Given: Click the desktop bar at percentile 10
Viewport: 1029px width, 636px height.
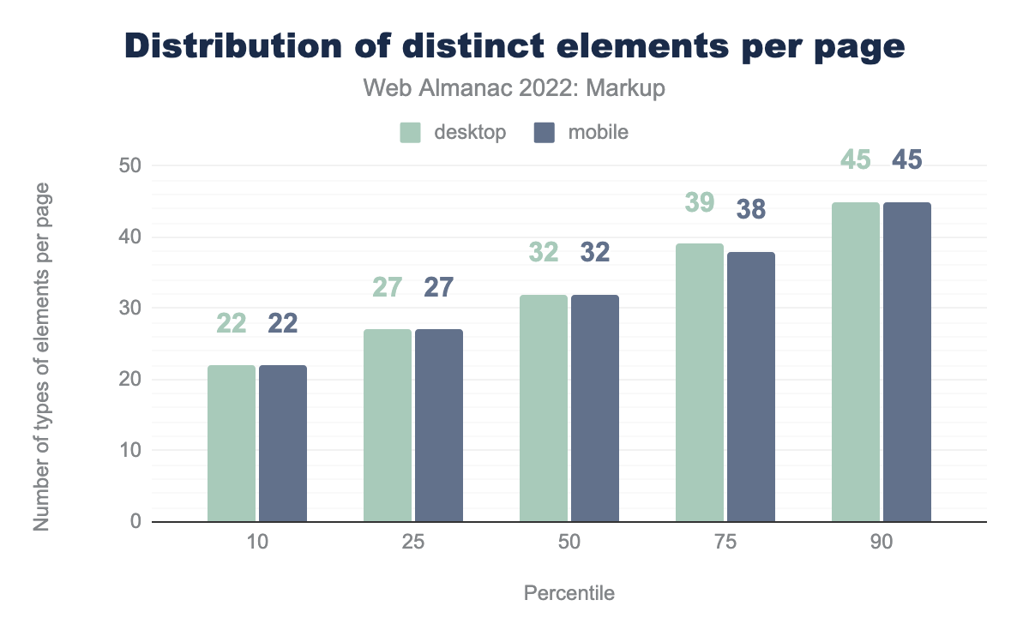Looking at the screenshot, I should click(x=232, y=443).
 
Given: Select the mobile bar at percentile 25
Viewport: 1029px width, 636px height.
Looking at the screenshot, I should click(x=439, y=425).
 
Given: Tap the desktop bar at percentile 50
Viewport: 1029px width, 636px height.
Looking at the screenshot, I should click(x=544, y=408).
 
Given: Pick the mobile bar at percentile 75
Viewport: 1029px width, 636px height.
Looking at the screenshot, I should click(x=751, y=387).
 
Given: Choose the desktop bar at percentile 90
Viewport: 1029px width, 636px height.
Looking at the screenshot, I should click(x=856, y=362).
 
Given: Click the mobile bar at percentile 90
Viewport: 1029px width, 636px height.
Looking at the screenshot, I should click(x=907, y=362).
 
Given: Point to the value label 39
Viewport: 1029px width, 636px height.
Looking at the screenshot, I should click(x=700, y=203).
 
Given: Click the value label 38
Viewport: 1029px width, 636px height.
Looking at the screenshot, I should click(x=751, y=210).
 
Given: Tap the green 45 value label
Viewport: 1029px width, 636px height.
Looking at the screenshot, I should click(x=856, y=160).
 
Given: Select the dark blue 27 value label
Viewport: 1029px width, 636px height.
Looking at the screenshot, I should click(x=439, y=287).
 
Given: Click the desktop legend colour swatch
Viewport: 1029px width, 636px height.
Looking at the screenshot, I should click(x=410, y=133).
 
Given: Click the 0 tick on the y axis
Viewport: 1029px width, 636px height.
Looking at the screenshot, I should click(x=135, y=521).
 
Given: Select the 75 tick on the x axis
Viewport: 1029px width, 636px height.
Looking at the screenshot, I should click(x=725, y=543).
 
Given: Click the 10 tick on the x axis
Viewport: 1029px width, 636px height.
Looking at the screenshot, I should click(x=257, y=543).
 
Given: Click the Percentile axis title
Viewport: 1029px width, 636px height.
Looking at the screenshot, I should click(x=569, y=593).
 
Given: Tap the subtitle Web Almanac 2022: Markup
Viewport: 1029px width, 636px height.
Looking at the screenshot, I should click(x=514, y=88).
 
